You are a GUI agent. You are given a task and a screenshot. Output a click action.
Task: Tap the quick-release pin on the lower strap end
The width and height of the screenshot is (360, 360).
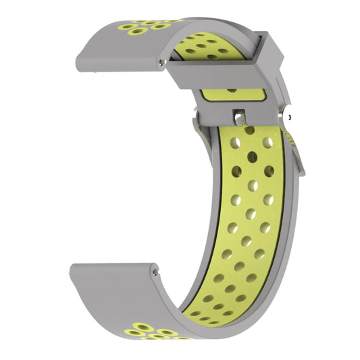[x=157, y=272]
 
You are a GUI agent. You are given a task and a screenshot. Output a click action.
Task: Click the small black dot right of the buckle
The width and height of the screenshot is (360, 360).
[x=289, y=117]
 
